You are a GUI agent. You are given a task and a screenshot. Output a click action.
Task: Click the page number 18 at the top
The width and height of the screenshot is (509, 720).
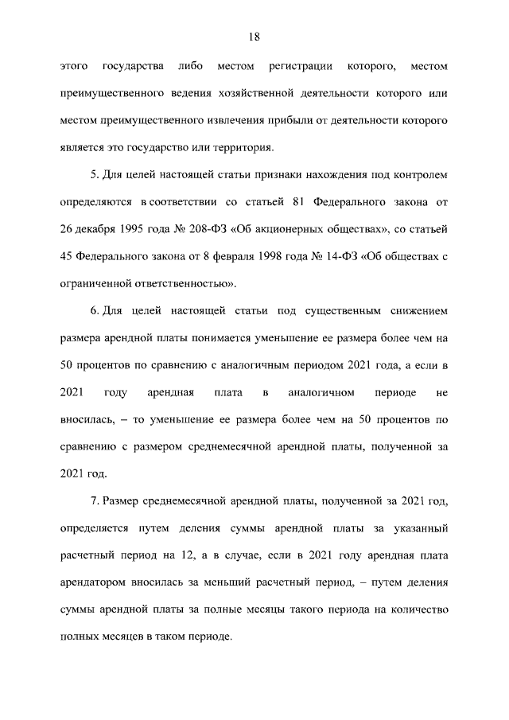click(254, 37)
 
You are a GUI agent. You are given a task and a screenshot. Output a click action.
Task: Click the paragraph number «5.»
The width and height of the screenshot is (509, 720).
click(95, 175)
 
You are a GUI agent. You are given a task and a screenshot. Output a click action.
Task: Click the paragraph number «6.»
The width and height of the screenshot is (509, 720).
click(95, 310)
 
